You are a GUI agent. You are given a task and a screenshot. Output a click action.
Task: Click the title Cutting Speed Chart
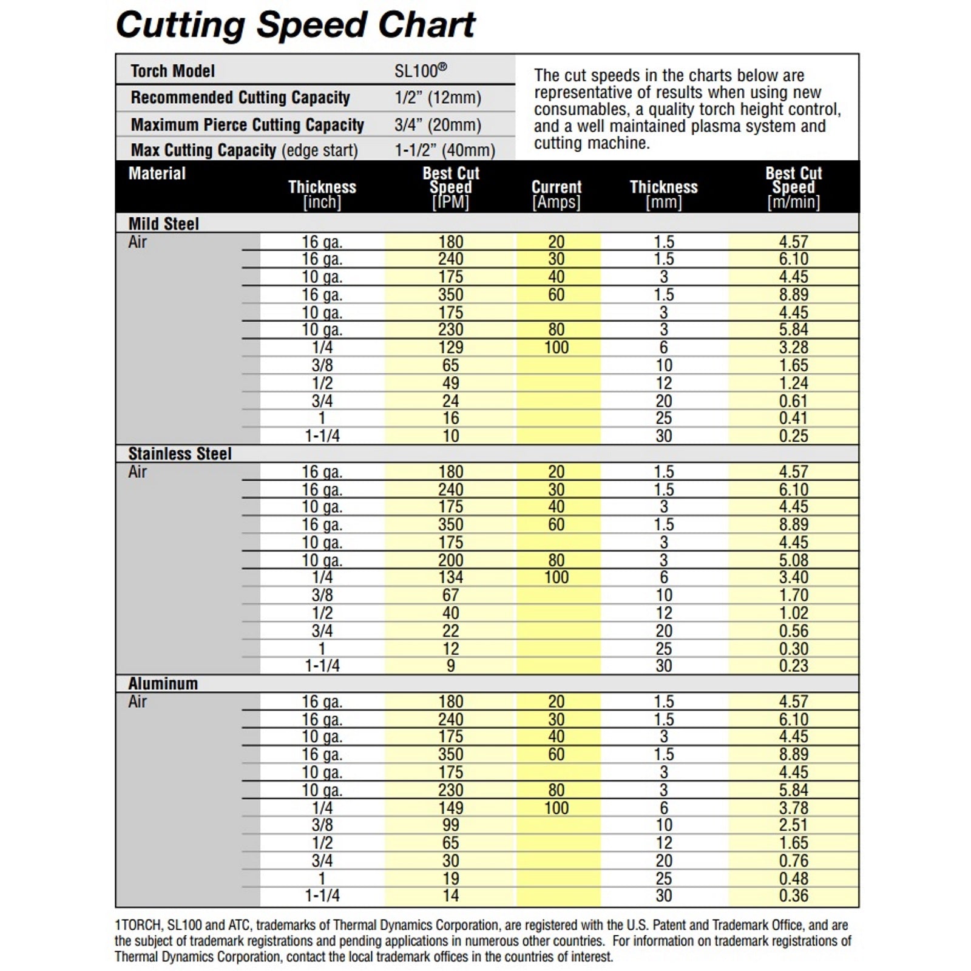pos(296,25)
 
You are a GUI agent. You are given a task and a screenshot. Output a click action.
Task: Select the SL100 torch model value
pos(421,70)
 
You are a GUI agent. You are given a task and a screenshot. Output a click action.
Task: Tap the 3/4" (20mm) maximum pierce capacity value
pos(438,125)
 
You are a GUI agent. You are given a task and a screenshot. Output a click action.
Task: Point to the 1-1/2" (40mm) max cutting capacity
pos(445,150)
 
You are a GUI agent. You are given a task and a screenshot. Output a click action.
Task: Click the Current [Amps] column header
pos(557,194)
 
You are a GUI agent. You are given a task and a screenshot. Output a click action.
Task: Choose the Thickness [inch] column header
pos(322,194)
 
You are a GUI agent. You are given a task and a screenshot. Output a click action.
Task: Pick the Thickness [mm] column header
pos(664,194)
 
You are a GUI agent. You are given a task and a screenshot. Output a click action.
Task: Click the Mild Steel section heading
pos(163,224)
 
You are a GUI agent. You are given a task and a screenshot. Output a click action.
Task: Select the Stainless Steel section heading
pos(180,454)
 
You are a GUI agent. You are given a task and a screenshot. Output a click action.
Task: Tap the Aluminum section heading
pos(163,684)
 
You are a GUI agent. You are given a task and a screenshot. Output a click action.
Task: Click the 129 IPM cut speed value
pos(451,348)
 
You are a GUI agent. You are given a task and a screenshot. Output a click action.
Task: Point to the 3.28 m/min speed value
pos(794,348)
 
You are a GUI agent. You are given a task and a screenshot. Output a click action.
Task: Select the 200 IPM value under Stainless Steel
pos(451,560)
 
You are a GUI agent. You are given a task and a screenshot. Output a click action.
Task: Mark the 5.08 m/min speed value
pos(794,560)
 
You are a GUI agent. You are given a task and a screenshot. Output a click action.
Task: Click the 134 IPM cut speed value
pos(451,578)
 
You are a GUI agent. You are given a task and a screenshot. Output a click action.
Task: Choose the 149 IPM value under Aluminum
pos(451,808)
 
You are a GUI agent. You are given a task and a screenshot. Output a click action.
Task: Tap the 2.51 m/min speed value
pos(794,825)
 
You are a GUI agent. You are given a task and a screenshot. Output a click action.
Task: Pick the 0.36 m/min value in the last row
pos(794,896)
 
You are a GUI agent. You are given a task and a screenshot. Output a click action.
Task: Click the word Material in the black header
pos(157,174)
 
